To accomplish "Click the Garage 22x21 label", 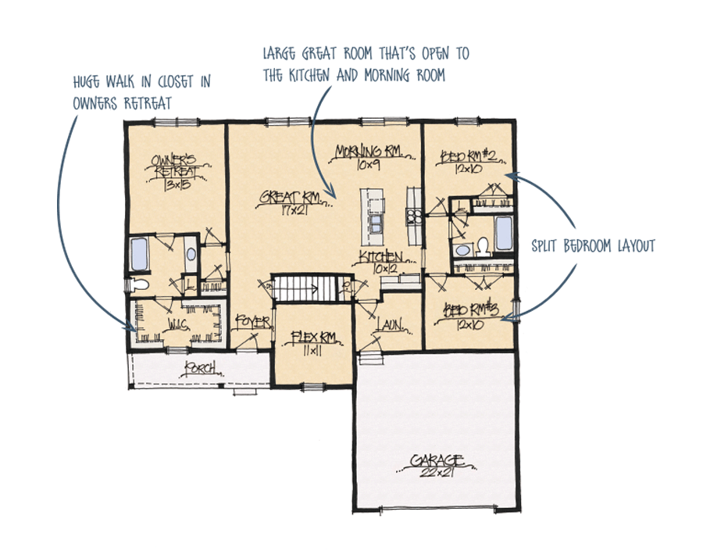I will [x=438, y=464].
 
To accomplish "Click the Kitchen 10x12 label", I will [x=380, y=261].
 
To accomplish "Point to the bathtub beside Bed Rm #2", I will [x=504, y=232].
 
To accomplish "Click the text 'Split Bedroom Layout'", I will [x=593, y=246].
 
